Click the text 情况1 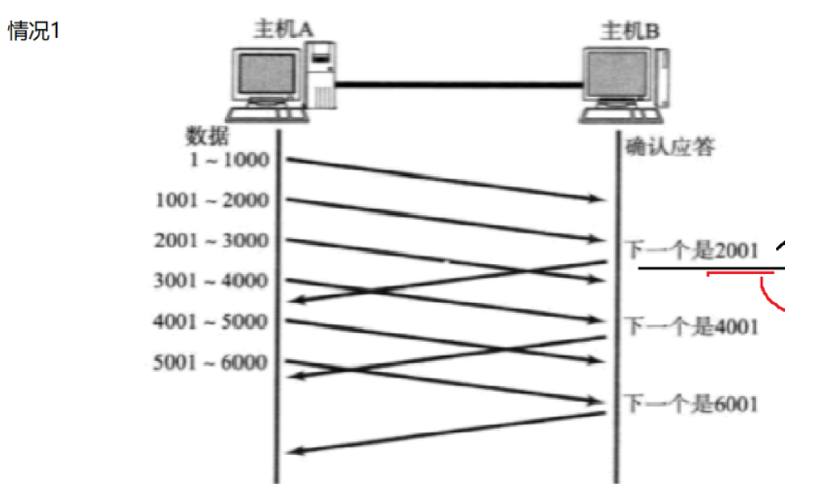tap(35, 32)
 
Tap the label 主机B tap(629, 32)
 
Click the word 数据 tap(208, 136)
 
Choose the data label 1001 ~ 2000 tap(212, 200)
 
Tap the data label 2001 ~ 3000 tap(212, 241)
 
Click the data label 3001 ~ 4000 tap(212, 281)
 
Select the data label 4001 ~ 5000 tap(211, 322)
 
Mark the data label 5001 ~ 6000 tap(211, 362)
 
